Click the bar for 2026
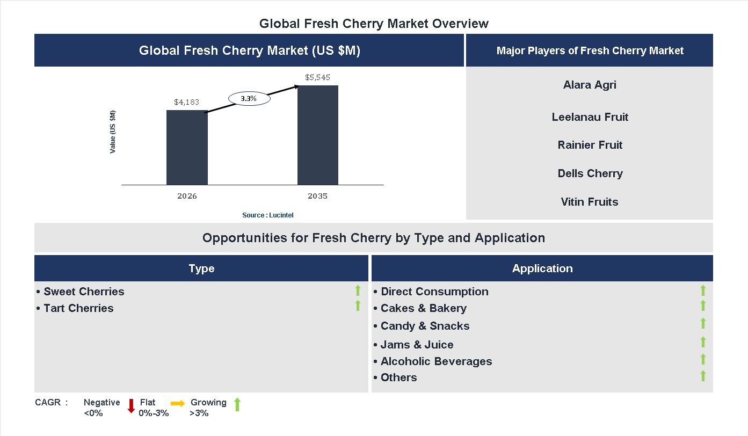[187, 148]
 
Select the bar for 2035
[318, 135]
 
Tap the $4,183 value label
[187, 101]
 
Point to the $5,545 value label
[318, 77]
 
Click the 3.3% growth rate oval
[249, 99]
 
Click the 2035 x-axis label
[317, 196]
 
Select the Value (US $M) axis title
[113, 132]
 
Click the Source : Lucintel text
[267, 215]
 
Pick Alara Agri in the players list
[590, 85]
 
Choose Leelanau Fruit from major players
[590, 117]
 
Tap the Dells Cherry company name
[590, 173]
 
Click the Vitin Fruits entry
[590, 202]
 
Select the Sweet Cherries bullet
[84, 292]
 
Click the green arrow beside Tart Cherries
[358, 306]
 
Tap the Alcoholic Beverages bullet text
[436, 361]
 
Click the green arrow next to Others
[703, 376]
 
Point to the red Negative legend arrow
[131, 406]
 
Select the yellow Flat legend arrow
[178, 403]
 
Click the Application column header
[542, 268]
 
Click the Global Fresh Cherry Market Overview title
[374, 24]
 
